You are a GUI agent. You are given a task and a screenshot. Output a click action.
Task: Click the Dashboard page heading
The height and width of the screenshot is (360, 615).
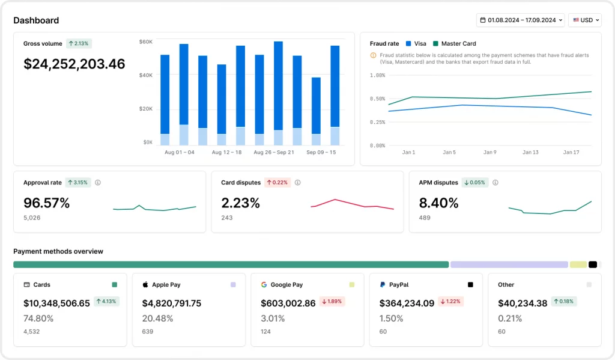(36, 20)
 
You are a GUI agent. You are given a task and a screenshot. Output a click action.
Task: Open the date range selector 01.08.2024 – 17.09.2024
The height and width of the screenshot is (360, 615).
(520, 20)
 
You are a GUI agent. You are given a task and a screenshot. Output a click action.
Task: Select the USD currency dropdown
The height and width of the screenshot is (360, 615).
(584, 20)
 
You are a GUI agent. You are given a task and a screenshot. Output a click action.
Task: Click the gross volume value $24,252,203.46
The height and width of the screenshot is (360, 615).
(74, 64)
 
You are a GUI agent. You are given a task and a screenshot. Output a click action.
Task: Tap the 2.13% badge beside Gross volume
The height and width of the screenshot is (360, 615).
(79, 43)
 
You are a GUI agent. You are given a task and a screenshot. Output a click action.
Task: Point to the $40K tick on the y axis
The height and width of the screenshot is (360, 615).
(146, 75)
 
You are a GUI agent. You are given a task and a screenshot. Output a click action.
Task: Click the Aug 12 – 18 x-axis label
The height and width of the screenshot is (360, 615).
(226, 153)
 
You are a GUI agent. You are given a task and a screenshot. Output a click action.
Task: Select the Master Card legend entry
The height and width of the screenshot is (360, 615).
(458, 43)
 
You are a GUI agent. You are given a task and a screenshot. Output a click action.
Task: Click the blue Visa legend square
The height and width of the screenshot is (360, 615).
(409, 43)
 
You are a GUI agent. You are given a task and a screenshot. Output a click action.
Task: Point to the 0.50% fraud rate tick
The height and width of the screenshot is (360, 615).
(378, 99)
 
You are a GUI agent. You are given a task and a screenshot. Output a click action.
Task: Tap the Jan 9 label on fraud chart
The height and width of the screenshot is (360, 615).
(490, 153)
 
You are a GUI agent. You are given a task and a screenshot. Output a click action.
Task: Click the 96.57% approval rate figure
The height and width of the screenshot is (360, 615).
(46, 203)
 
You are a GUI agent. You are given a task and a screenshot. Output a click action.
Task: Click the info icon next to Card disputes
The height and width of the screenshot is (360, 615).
(297, 183)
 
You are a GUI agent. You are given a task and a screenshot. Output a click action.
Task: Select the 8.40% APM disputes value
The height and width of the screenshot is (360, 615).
(438, 203)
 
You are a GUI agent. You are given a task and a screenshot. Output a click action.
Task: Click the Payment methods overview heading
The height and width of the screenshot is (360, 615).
(58, 251)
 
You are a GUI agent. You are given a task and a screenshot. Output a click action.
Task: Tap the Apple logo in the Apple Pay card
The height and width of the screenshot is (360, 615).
(145, 285)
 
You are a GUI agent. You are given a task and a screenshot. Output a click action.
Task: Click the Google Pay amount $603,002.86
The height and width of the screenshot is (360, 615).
(288, 304)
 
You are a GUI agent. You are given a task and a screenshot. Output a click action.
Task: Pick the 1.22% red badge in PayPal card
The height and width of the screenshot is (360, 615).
(450, 302)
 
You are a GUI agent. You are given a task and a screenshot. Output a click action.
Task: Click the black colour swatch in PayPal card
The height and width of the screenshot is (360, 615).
(470, 285)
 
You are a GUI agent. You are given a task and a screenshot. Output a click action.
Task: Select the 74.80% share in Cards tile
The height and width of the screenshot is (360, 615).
(38, 319)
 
